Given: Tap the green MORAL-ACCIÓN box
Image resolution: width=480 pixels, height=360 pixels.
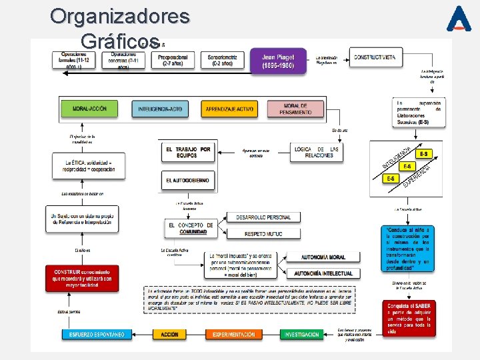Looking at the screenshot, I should [89, 108].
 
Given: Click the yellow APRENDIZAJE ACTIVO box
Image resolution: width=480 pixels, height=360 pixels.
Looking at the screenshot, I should [229, 109].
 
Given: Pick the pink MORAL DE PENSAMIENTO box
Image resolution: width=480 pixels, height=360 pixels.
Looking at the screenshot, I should [296, 109].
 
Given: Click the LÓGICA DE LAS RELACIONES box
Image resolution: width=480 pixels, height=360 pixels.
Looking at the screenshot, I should [317, 153].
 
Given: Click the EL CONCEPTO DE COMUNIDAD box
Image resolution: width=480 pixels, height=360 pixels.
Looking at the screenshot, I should [191, 229].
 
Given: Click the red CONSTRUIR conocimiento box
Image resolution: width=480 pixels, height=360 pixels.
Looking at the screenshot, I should [83, 278].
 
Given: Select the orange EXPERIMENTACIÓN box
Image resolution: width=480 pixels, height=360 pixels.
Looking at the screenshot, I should [233, 334].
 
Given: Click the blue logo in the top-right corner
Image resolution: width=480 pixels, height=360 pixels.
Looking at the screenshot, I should [459, 19].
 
